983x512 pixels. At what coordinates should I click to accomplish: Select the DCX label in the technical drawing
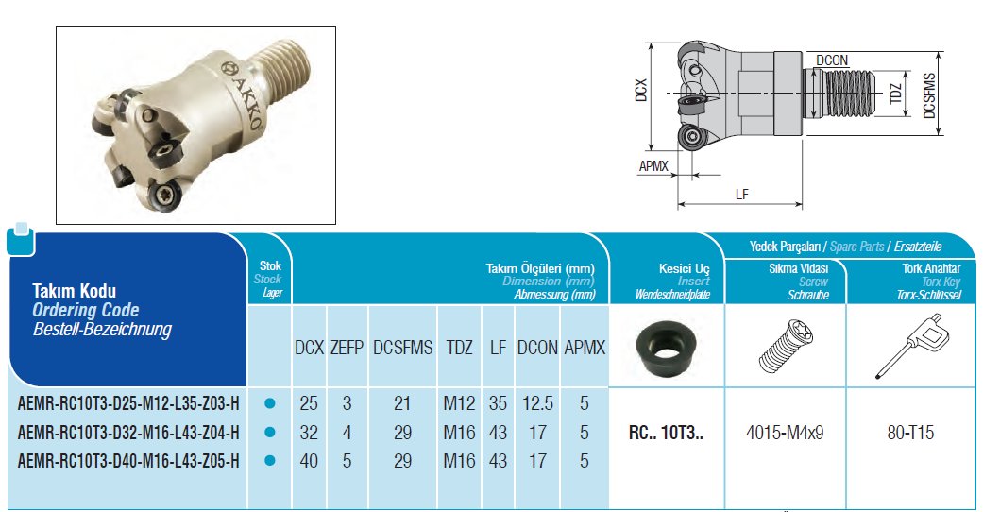pos(640,90)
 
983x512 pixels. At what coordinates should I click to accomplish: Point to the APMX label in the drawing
pos(653,166)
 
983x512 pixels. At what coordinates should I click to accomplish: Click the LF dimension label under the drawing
pos(741,194)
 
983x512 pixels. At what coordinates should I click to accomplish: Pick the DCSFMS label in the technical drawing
pos(929,95)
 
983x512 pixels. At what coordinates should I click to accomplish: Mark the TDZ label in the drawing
pos(896,94)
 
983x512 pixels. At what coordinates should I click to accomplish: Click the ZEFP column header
pos(347,348)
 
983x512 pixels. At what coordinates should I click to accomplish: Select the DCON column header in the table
pos(537,348)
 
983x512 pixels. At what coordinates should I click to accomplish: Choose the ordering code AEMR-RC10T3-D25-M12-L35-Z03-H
pos(128,403)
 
